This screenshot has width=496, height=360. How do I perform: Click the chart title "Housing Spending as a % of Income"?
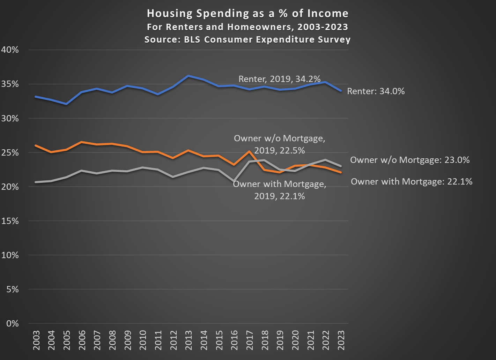[247, 13]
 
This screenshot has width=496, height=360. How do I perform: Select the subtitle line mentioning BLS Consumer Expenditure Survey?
[247, 39]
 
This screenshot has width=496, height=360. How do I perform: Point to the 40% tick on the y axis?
[10, 50]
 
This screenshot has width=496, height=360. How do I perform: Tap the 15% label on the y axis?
[10, 221]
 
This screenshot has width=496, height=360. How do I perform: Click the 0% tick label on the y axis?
[12, 323]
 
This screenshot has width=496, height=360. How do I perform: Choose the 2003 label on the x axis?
[36, 340]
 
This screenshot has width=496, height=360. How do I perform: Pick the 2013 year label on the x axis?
[188, 340]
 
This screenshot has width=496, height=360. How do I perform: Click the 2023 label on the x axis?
[341, 340]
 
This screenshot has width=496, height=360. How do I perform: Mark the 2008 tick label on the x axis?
[112, 340]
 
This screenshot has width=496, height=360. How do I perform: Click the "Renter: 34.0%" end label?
[376, 91]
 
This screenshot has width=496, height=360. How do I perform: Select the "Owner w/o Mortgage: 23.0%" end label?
[410, 160]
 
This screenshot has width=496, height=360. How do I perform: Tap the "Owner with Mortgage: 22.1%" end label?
[412, 182]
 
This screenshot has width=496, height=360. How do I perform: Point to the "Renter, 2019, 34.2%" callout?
[279, 79]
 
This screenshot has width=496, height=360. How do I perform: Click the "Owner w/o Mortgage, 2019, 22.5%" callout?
[279, 144]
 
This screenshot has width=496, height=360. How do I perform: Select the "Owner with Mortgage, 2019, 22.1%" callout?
[279, 190]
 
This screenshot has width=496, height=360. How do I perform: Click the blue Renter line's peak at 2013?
[188, 76]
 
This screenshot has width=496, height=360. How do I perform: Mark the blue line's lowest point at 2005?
[66, 104]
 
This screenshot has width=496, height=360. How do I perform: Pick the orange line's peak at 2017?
[249, 151]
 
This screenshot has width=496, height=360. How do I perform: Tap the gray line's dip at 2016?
[234, 181]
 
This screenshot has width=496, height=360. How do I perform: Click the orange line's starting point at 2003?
[36, 145]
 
